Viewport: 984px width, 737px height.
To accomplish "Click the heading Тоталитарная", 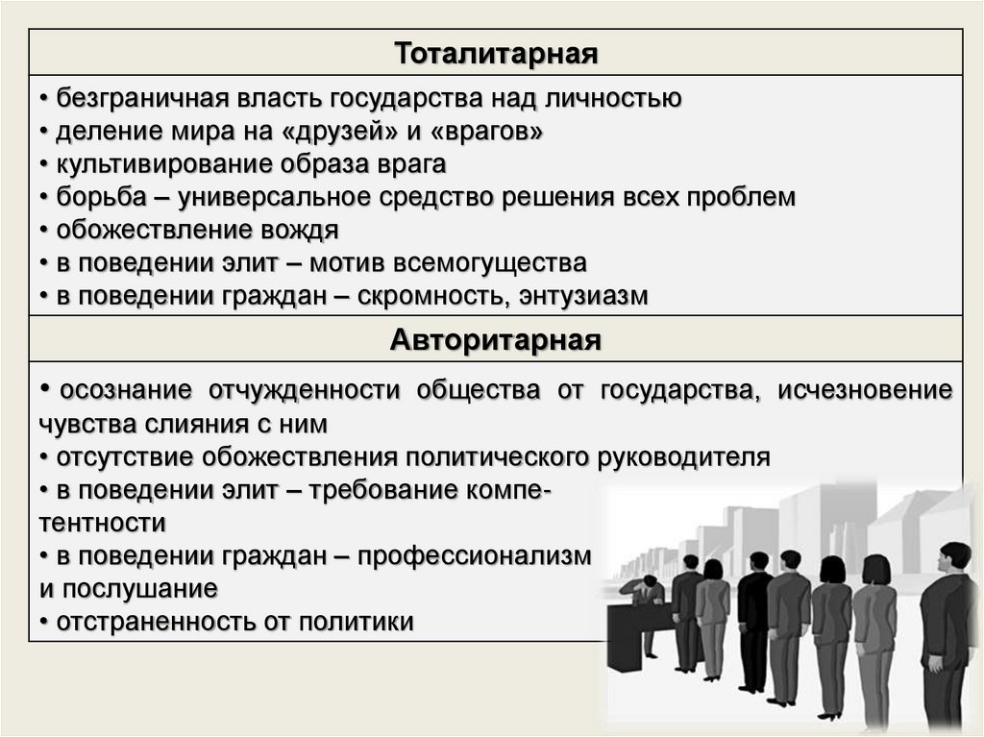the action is pyautogui.click(x=496, y=53).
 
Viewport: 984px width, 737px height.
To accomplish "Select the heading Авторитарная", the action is pyautogui.click(x=496, y=340).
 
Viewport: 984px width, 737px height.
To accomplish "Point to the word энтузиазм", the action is pyautogui.click(x=584, y=296).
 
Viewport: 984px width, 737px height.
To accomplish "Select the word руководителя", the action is pyautogui.click(x=685, y=456).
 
